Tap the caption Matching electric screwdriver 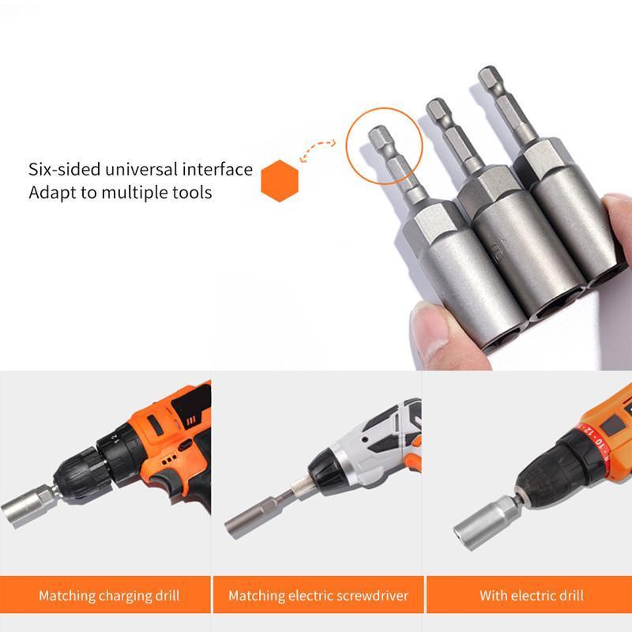pyautogui.click(x=318, y=595)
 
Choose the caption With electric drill pyautogui.click(x=531, y=595)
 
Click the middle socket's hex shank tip pyautogui.click(x=438, y=111)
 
